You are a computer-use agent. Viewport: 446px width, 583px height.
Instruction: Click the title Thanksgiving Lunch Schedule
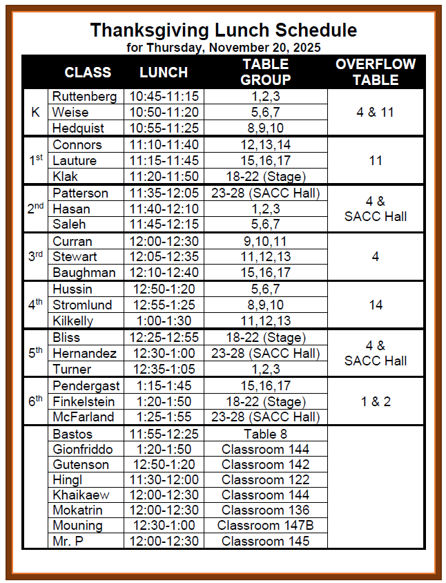[x=223, y=30]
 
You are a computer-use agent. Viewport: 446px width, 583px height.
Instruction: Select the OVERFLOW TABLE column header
[x=376, y=72]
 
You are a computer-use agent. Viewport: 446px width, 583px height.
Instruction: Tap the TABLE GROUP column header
[x=265, y=72]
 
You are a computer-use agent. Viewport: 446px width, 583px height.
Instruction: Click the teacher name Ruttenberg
[x=84, y=97]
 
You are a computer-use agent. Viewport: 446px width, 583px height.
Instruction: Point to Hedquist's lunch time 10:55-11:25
[x=164, y=128]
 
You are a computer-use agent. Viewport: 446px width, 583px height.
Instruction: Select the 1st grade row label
[x=36, y=160]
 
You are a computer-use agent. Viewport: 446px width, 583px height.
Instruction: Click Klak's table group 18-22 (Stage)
[x=265, y=176]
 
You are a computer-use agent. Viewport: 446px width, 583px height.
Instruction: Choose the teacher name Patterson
[x=80, y=193]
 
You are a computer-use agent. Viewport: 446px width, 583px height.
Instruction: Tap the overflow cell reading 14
[x=376, y=305]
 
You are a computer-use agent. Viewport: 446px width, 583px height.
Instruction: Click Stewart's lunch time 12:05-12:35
[x=164, y=257]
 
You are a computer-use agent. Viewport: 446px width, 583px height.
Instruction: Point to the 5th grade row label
[x=36, y=353]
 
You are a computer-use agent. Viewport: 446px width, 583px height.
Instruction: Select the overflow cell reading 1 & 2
[x=376, y=401]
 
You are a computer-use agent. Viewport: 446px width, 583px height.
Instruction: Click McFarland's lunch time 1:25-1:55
[x=164, y=417]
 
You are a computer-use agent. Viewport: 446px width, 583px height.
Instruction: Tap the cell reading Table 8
[x=265, y=434]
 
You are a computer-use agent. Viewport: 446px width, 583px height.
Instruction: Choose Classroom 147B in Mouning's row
[x=265, y=525]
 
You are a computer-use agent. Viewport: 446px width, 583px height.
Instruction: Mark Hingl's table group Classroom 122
[x=265, y=479]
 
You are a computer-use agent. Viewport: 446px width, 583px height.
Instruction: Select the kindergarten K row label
[x=36, y=112]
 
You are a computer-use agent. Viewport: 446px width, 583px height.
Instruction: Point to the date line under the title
[x=223, y=48]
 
